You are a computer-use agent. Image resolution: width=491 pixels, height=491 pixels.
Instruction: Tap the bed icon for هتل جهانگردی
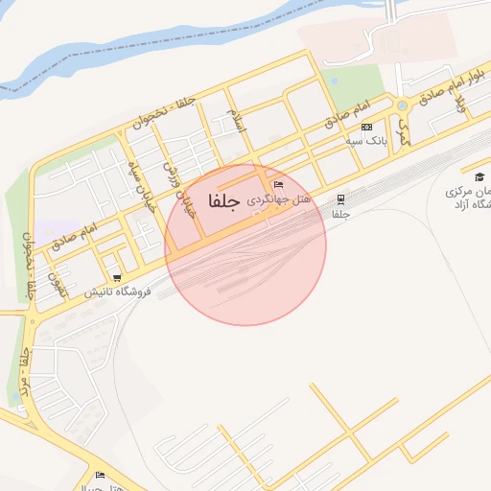tap(278, 184)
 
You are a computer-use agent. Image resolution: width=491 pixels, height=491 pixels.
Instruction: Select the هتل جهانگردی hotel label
tap(279, 200)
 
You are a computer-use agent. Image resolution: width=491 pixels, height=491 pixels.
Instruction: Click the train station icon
tap(339, 199)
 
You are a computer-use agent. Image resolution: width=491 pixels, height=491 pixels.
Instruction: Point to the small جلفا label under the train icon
tap(339, 215)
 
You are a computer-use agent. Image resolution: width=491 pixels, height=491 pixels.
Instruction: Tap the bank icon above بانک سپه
tap(366, 127)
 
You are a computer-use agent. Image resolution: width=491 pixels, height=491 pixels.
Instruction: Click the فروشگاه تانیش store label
tap(116, 291)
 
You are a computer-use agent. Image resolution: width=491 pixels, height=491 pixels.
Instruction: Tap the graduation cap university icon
tap(479, 175)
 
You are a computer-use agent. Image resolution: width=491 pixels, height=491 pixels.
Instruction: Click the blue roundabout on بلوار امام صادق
tap(402, 105)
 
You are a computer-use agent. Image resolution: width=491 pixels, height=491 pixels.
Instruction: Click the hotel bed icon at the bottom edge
tap(101, 475)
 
